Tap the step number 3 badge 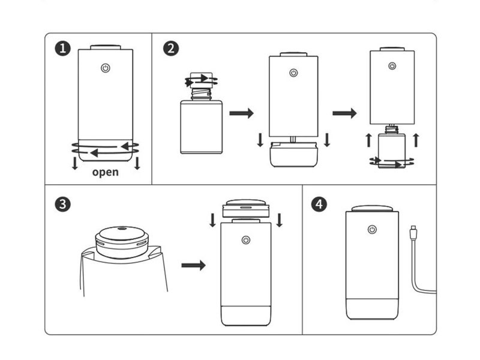[62, 203]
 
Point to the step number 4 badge [320, 203]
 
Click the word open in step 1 [106, 173]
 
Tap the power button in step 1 [106, 68]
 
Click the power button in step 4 [372, 229]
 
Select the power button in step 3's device [245, 240]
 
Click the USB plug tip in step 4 [413, 229]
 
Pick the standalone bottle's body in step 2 [201, 127]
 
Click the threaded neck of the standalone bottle [201, 94]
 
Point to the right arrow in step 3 [193, 265]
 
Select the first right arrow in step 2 [242, 113]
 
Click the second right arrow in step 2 [344, 113]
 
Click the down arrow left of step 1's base [75, 163]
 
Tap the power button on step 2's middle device [293, 73]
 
